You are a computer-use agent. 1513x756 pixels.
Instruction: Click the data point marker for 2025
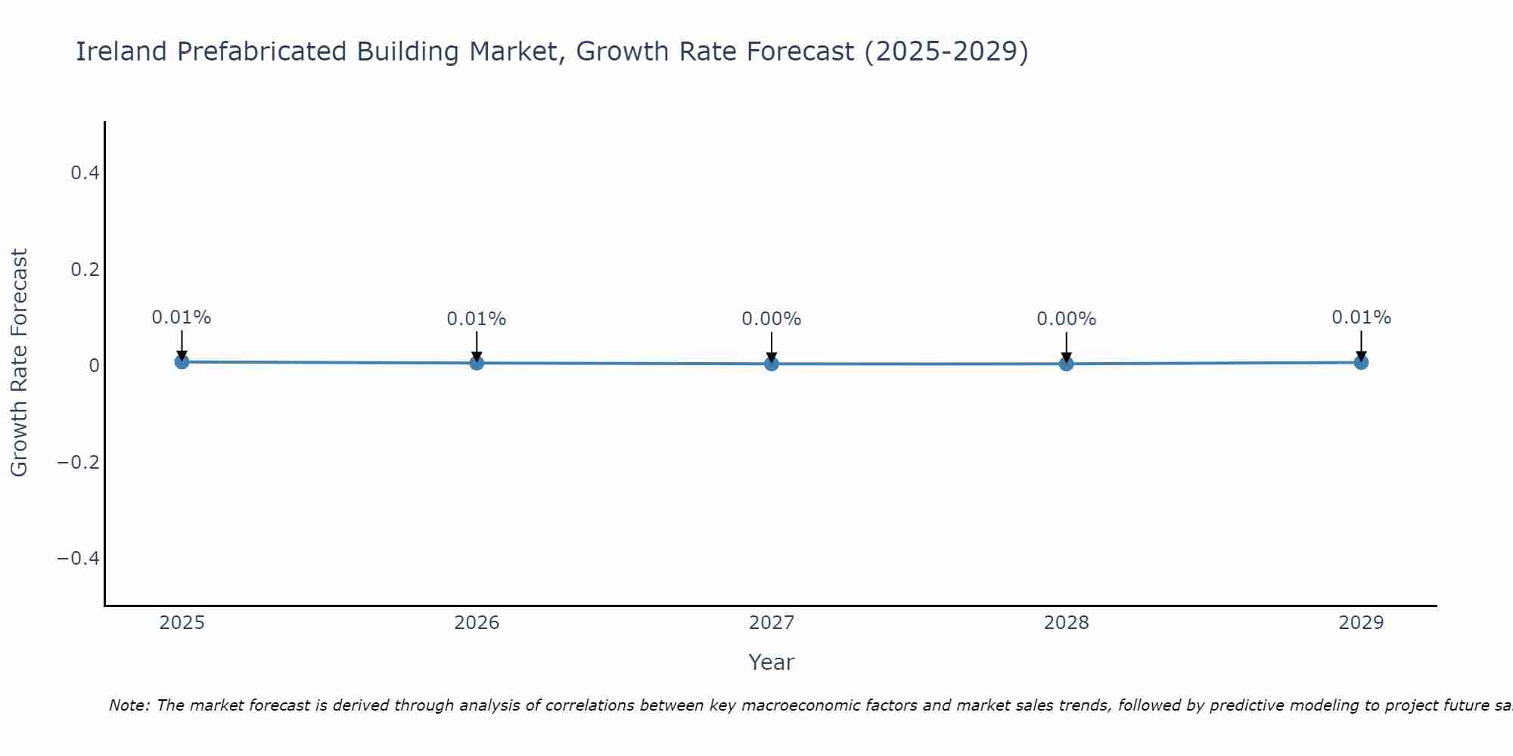pyautogui.click(x=182, y=362)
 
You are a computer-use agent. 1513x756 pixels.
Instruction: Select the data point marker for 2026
pyautogui.click(x=477, y=363)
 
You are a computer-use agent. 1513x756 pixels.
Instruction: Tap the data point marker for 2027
pyautogui.click(x=772, y=364)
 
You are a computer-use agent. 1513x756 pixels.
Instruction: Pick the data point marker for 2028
pyautogui.click(x=1067, y=364)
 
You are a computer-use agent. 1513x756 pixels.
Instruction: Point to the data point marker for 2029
pyautogui.click(x=1361, y=362)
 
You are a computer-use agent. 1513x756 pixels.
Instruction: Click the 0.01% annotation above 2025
pyautogui.click(x=182, y=318)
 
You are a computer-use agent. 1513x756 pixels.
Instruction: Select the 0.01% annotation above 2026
pyautogui.click(x=477, y=319)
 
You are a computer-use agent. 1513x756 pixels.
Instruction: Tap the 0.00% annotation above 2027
pyautogui.click(x=772, y=319)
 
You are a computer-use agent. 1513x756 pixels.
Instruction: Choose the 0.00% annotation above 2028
pyautogui.click(x=1067, y=319)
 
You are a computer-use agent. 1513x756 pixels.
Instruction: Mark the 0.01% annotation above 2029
pyautogui.click(x=1361, y=318)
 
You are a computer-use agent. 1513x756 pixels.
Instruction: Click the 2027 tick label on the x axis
pyautogui.click(x=772, y=623)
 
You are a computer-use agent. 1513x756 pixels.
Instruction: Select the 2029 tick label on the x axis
pyautogui.click(x=1361, y=623)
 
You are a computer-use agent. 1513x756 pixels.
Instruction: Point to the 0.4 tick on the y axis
pyautogui.click(x=85, y=173)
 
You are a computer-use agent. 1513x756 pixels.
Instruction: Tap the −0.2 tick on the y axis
pyautogui.click(x=79, y=462)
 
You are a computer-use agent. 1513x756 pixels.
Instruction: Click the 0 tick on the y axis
pyautogui.click(x=94, y=366)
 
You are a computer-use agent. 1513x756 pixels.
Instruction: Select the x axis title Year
pyautogui.click(x=771, y=662)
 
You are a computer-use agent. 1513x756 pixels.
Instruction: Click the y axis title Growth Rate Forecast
pyautogui.click(x=19, y=363)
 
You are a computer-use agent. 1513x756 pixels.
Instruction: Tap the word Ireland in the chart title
pyautogui.click(x=121, y=51)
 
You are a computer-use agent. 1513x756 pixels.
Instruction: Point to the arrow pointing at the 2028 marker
pyautogui.click(x=1067, y=345)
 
